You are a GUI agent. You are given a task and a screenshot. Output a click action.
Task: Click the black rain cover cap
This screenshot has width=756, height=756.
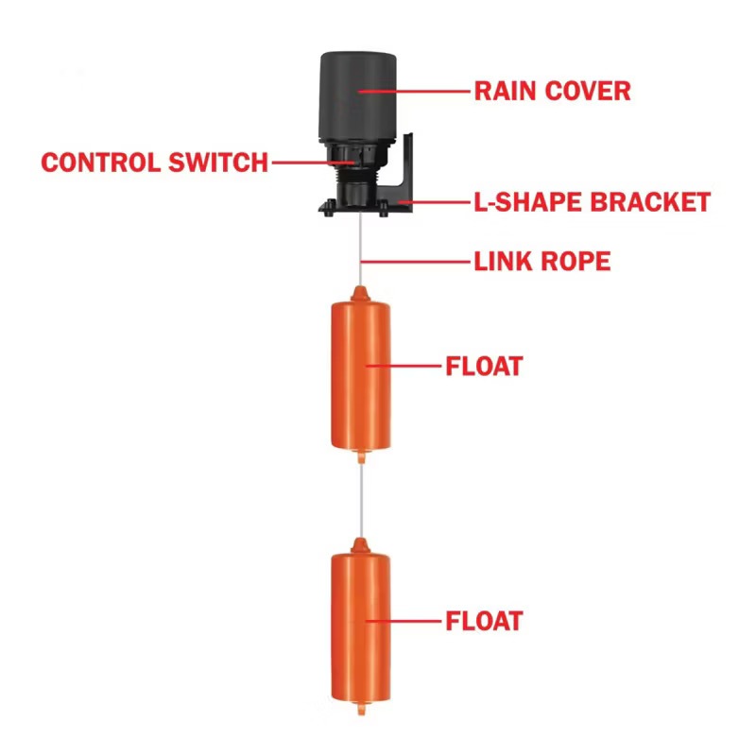(x=358, y=96)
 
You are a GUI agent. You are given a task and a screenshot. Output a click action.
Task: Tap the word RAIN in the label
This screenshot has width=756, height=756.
(x=506, y=91)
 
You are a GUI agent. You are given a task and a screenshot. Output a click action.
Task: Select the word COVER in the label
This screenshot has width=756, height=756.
(x=588, y=91)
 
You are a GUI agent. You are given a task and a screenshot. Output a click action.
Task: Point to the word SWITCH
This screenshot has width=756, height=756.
(x=218, y=163)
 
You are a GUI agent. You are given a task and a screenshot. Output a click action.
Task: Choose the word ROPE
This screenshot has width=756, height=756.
(x=576, y=262)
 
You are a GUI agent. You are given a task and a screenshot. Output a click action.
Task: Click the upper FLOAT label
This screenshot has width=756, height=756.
(x=484, y=367)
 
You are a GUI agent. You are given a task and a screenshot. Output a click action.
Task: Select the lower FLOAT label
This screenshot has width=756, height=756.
(x=484, y=621)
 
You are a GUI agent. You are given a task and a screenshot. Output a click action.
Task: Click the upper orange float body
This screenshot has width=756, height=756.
(x=361, y=376)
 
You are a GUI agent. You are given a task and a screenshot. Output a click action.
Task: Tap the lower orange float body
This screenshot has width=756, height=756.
(x=361, y=627)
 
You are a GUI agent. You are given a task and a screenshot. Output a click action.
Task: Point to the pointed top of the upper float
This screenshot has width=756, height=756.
(x=360, y=288)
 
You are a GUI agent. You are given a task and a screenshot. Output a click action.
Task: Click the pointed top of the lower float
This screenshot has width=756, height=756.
(x=360, y=541)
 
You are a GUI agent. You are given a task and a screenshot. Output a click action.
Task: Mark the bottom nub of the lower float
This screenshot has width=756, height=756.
(x=361, y=710)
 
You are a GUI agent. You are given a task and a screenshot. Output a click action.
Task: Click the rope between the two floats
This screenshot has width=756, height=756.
(x=361, y=501)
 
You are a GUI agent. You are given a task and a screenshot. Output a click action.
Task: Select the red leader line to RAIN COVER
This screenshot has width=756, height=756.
(x=414, y=91)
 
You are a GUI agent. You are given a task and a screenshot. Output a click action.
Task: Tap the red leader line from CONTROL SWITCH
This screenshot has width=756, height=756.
(x=314, y=163)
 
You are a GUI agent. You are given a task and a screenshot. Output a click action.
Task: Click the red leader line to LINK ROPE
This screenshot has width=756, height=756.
(x=415, y=262)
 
